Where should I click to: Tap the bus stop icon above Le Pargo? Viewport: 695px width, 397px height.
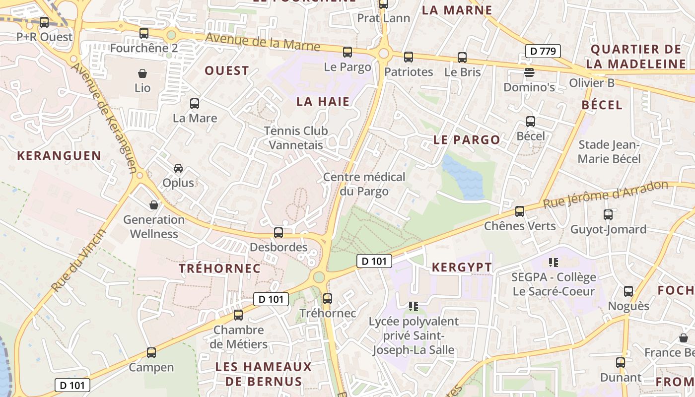point(347,52)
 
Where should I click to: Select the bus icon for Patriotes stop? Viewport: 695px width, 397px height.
point(409,57)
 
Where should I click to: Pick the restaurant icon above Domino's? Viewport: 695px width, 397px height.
point(529,72)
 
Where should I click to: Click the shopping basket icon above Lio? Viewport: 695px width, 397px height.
point(142,73)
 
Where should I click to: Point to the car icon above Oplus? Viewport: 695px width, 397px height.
point(178,168)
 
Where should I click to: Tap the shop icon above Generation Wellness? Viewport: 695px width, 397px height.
point(154,204)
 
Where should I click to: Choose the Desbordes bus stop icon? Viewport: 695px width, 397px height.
point(278,232)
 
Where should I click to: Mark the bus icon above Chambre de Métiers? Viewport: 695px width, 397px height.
point(238,315)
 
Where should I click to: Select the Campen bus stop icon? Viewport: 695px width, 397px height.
point(151,353)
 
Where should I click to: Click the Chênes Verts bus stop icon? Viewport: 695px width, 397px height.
point(520,211)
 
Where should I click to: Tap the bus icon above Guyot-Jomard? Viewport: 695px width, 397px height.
point(608,214)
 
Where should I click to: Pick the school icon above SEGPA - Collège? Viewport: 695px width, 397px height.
point(554,262)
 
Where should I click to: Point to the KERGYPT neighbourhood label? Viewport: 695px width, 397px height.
point(462,267)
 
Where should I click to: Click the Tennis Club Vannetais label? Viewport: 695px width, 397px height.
point(296,138)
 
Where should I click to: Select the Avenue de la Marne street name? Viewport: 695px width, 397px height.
point(263,42)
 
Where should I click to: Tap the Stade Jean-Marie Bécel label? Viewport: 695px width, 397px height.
point(609,152)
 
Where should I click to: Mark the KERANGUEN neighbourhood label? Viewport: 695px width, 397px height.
point(59,156)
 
